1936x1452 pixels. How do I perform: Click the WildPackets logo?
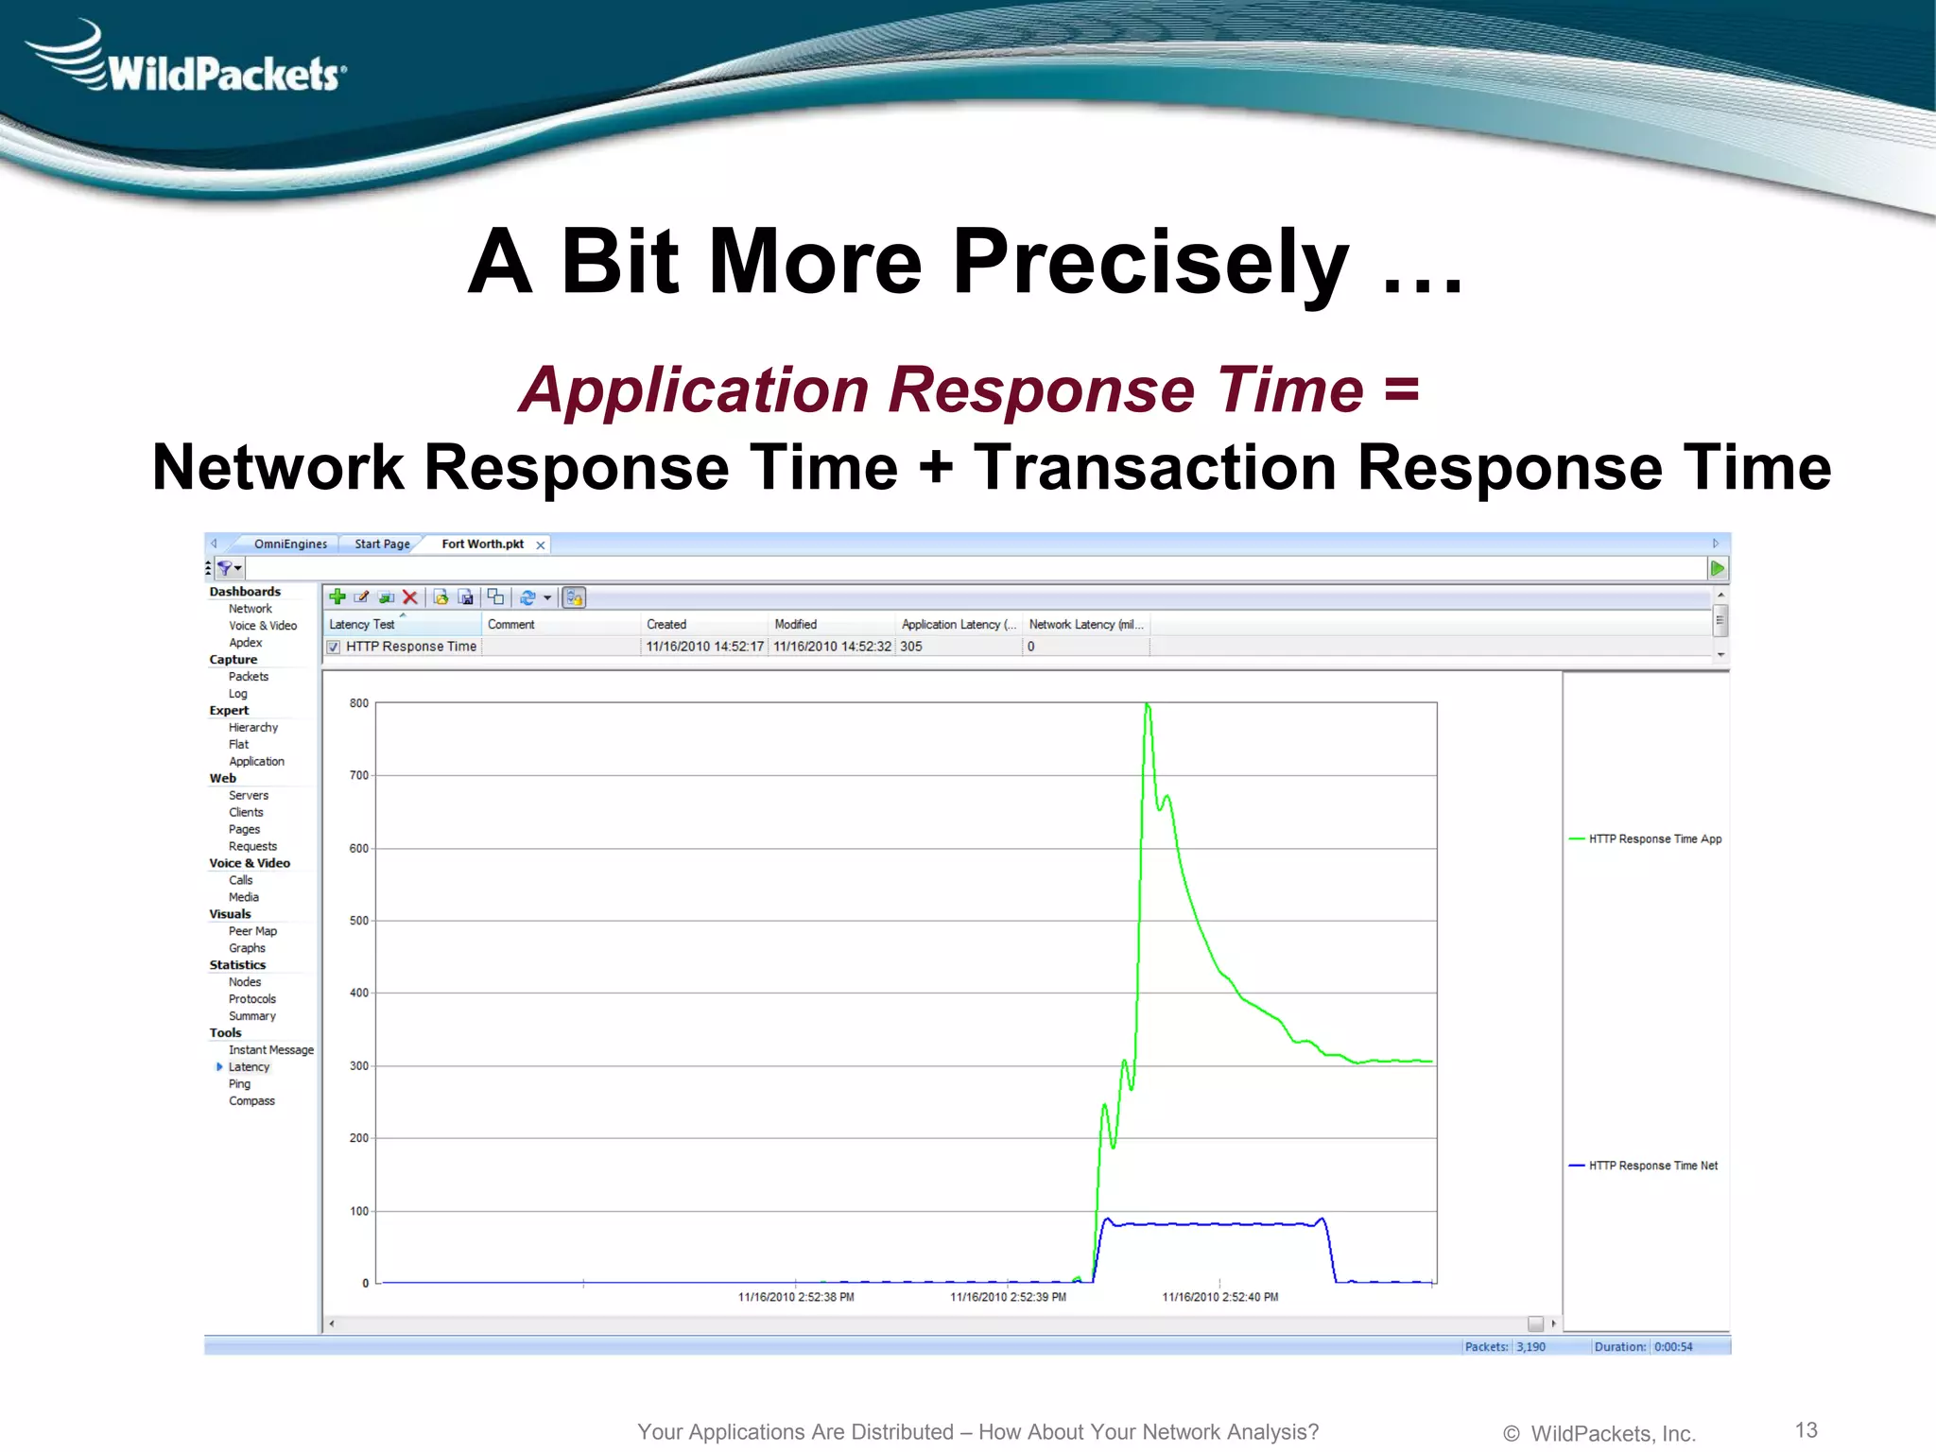point(189,61)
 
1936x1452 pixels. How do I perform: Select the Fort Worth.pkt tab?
point(482,544)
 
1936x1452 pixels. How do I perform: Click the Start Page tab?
point(382,544)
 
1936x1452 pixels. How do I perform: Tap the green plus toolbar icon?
point(337,596)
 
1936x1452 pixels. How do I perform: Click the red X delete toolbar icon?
point(409,597)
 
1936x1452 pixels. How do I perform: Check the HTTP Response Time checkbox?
point(334,648)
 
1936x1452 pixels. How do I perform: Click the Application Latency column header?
point(957,625)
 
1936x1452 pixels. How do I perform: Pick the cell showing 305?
point(911,647)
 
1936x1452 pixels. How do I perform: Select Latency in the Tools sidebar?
point(249,1067)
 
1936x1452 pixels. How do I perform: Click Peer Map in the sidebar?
point(252,931)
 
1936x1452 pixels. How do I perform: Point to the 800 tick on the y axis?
point(359,703)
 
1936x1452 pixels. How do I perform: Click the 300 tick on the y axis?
point(359,1066)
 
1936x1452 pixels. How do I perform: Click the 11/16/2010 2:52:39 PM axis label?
point(1008,1297)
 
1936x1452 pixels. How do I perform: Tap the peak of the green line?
point(1147,704)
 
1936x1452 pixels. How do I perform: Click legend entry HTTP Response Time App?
point(1654,839)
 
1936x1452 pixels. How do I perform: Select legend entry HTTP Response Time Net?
point(1652,1166)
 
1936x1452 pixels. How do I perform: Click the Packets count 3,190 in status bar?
point(1530,1347)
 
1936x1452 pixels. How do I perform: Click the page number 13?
point(1806,1430)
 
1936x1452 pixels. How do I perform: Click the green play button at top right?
point(1718,568)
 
